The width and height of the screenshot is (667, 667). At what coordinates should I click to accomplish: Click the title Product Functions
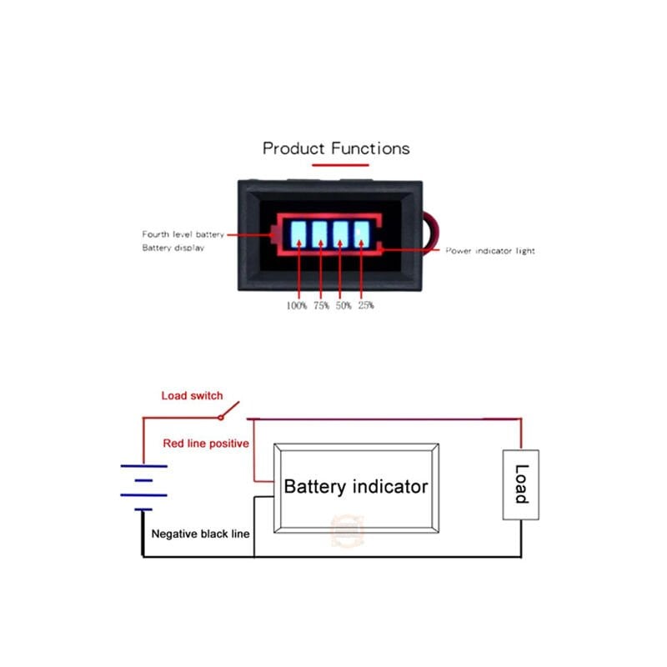coord(336,148)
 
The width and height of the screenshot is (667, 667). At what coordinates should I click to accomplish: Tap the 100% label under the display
coord(297,306)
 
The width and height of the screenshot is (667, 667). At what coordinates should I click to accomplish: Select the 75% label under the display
coord(321,306)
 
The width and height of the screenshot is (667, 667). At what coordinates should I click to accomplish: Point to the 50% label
coord(343,306)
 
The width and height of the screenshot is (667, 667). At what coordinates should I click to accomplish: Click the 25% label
coord(365,306)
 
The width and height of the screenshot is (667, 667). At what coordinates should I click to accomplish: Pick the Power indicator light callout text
coord(489,251)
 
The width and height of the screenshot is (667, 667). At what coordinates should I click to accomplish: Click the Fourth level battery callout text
coord(183,235)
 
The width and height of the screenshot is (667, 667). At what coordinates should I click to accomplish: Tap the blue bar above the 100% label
coord(298,233)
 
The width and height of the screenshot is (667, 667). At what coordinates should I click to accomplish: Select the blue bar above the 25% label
coord(361,233)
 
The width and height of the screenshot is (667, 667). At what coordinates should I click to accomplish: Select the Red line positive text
coord(206,444)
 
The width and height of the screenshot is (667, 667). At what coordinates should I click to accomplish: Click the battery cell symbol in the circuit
coord(143,488)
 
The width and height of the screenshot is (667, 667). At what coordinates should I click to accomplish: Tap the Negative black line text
coord(200,533)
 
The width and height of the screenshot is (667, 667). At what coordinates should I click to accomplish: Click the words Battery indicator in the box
coord(356,487)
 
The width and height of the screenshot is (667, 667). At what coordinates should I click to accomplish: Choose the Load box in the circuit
coord(520,484)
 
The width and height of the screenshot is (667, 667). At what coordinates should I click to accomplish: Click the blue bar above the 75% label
coord(319,233)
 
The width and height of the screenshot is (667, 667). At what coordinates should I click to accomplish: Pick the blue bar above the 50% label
coord(340,233)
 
